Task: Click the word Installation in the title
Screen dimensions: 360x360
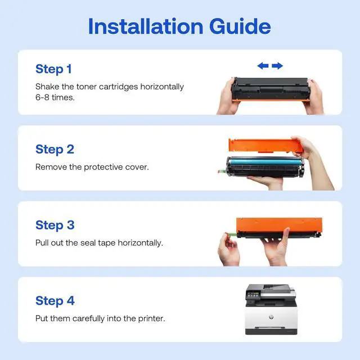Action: tap(146, 26)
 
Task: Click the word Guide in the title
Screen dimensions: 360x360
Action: tap(240, 26)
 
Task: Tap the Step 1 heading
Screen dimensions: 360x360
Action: tap(53, 69)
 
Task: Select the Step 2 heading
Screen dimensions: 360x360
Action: tap(55, 150)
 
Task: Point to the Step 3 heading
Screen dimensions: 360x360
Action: tap(55, 225)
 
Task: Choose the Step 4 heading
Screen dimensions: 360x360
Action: tap(55, 301)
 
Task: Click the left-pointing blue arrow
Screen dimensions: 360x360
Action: tap(263, 66)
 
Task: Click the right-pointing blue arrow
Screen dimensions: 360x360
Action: tap(277, 66)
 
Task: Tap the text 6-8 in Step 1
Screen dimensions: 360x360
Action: tap(42, 97)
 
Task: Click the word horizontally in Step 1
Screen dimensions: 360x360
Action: tap(162, 87)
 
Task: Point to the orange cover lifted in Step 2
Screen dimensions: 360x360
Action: tap(266, 145)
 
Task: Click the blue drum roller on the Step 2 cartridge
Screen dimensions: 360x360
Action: tap(264, 161)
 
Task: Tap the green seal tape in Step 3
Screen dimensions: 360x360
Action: tap(231, 234)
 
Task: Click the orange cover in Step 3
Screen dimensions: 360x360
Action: tap(279, 225)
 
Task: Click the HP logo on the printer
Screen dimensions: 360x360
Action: tap(271, 317)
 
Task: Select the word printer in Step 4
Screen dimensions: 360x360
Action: tap(151, 319)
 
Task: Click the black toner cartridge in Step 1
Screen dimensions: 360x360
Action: tap(271, 89)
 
